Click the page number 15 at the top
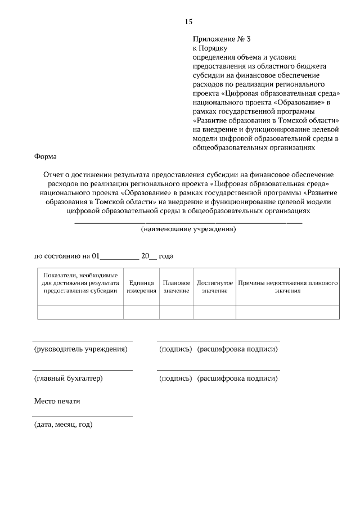[x=188, y=22]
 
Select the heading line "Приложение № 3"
[x=221, y=39]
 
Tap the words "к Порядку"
[x=209, y=48]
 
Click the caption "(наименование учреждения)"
[x=188, y=229]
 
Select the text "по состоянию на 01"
[x=67, y=256]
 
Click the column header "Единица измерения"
[x=141, y=287]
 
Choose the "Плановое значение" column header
[x=176, y=287]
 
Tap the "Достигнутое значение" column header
[x=214, y=287]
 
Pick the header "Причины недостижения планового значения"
[x=287, y=287]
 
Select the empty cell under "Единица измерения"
[x=141, y=312]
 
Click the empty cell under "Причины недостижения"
[x=287, y=312]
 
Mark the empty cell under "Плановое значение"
[x=176, y=312]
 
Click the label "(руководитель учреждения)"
[x=81, y=349]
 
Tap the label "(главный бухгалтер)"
[x=69, y=379]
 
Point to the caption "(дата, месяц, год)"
[x=64, y=424]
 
